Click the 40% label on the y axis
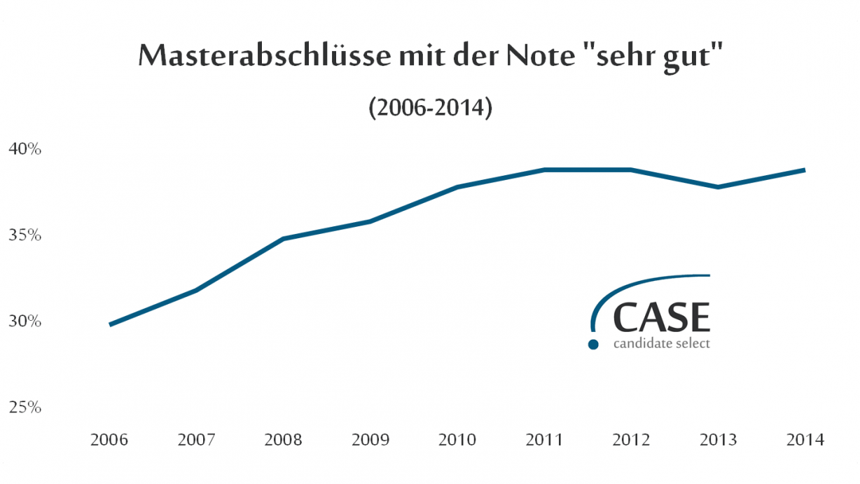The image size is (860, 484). click(x=25, y=149)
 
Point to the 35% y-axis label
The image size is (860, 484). click(x=25, y=235)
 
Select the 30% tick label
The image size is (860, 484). click(x=25, y=321)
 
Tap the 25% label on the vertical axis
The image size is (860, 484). click(x=25, y=408)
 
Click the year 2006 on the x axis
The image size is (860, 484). click(x=110, y=440)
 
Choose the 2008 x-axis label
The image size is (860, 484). click(x=284, y=440)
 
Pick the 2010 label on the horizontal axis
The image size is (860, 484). click(x=457, y=440)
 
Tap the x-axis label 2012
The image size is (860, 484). click(x=631, y=440)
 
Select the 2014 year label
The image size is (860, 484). click(x=805, y=440)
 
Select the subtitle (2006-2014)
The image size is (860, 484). click(x=430, y=109)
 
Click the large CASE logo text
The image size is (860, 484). click(x=662, y=317)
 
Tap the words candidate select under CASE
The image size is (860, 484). click(x=662, y=344)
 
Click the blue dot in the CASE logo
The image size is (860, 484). click(x=593, y=344)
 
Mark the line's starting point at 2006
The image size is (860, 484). click(x=111, y=324)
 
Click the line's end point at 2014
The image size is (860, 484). click(x=804, y=170)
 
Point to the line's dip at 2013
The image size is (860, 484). click(x=718, y=187)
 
